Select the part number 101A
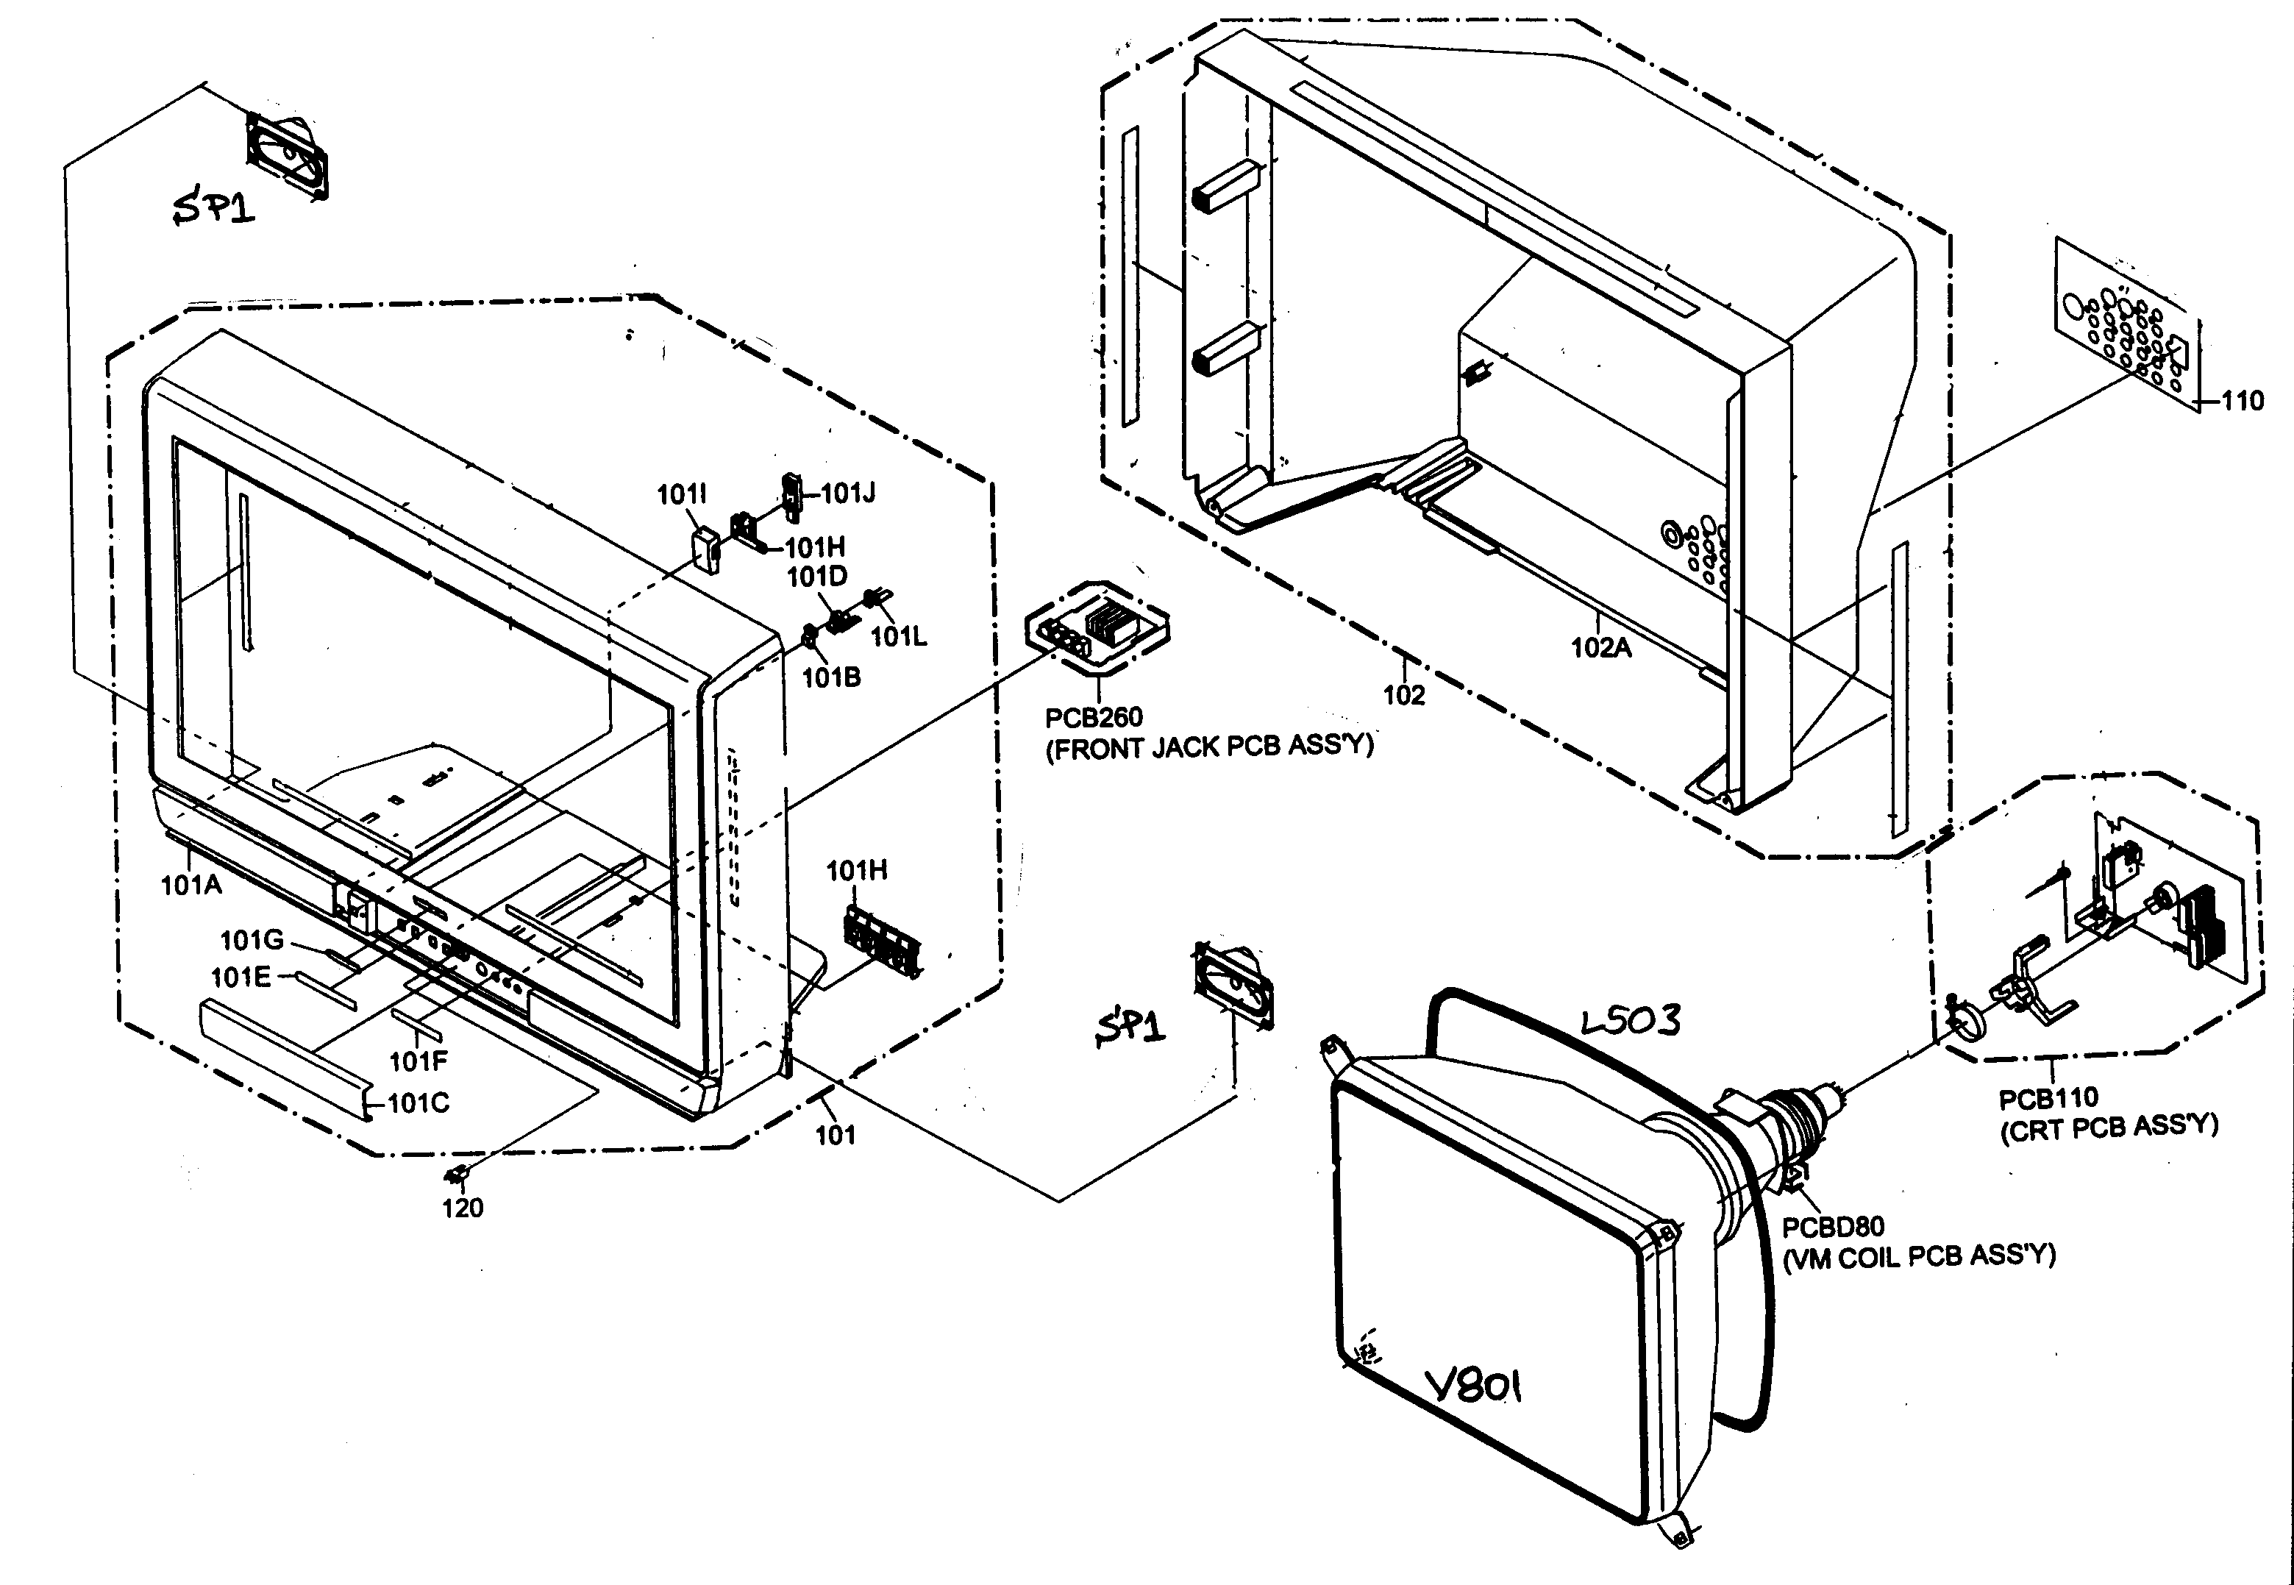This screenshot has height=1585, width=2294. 192,885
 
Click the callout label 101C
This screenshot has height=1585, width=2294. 418,1103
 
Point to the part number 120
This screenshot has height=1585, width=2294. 462,1208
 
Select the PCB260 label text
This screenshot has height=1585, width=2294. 1094,716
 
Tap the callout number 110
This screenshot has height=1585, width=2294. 2241,402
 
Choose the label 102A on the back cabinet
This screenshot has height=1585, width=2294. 1601,647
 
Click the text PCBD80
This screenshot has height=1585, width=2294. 1832,1227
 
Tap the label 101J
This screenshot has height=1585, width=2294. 848,494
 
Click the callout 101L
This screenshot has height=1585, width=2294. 899,637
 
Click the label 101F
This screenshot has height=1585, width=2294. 418,1061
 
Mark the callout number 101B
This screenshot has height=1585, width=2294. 831,677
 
